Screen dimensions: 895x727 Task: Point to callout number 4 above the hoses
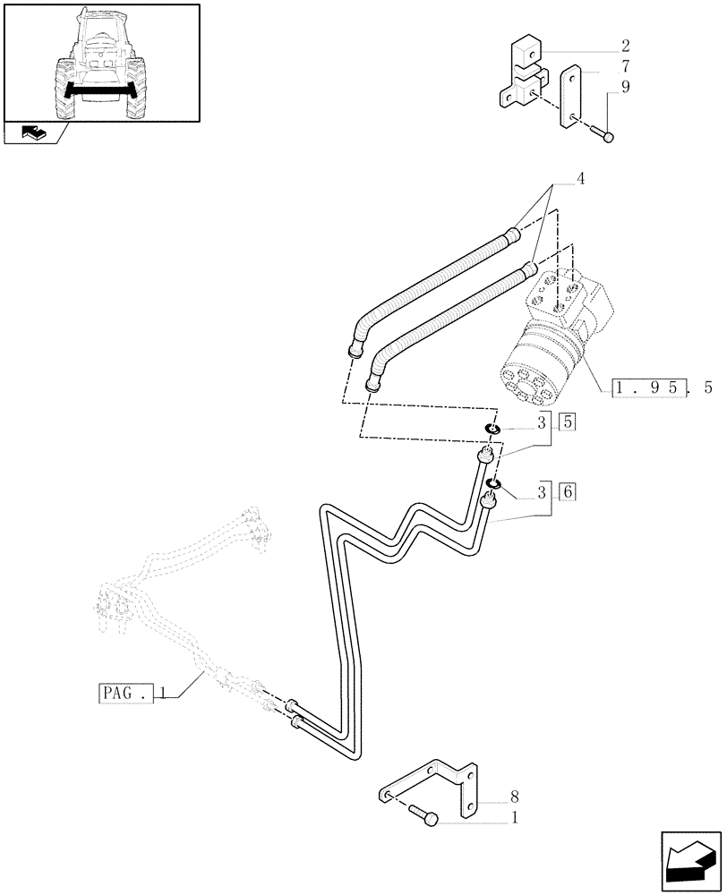click(581, 179)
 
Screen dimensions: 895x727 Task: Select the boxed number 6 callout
click(568, 490)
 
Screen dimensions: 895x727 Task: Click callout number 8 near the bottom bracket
click(514, 796)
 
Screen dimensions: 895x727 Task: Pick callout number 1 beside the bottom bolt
click(514, 817)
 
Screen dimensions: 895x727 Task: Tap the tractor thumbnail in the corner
click(100, 63)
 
